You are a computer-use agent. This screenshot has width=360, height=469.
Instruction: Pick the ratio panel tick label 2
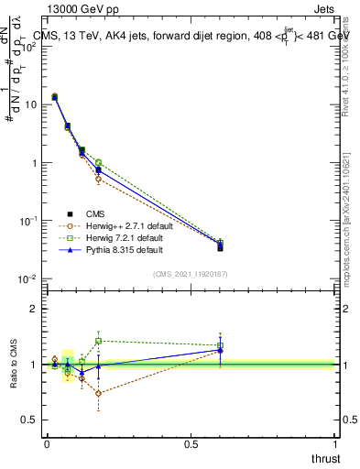coord(36,309)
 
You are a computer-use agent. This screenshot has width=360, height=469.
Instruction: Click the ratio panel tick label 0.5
coord(30,420)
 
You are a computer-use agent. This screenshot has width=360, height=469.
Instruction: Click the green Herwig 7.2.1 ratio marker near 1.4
coord(98,341)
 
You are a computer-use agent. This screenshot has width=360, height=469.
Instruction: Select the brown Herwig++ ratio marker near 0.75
coord(98,394)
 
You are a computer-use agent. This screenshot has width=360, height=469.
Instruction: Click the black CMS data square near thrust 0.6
coord(220,247)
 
